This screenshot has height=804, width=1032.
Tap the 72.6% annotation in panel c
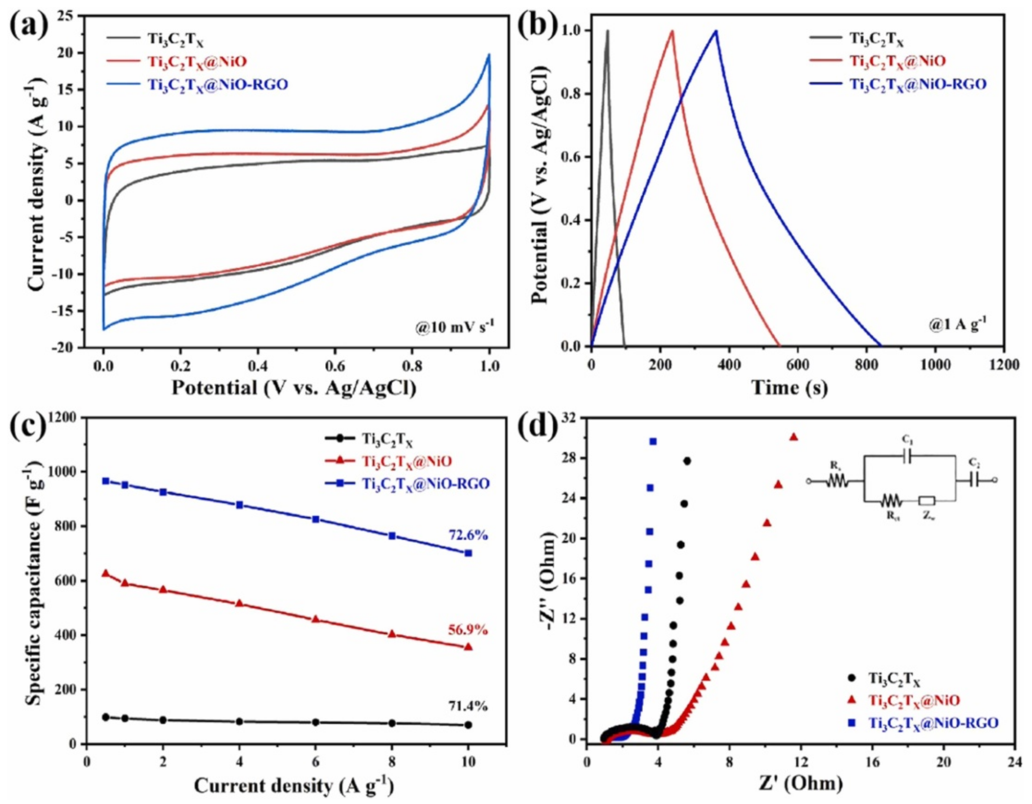pyautogui.click(x=465, y=536)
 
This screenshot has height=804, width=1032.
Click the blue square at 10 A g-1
pyautogui.click(x=468, y=553)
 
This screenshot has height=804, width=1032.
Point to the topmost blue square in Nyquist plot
pyautogui.click(x=653, y=442)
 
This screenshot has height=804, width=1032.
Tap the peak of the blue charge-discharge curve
pyautogui.click(x=716, y=31)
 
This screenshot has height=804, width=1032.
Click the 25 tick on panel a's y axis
pyautogui.click(x=69, y=16)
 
